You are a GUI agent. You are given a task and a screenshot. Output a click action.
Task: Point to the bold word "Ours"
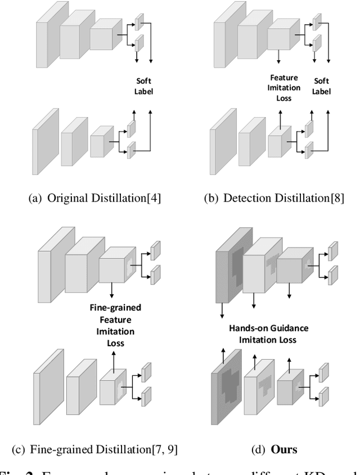[284, 450]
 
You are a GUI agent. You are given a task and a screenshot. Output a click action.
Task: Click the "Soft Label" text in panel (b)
[321, 86]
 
